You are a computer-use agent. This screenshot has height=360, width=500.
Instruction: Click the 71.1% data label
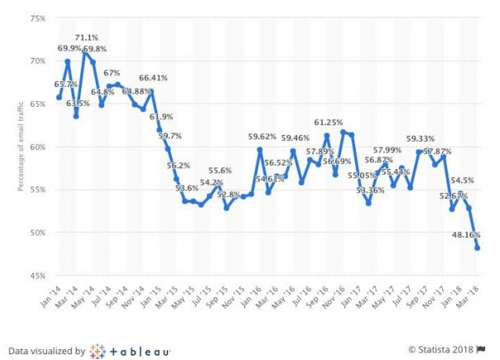pos(87,38)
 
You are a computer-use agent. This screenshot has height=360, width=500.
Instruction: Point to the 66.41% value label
pos(153,78)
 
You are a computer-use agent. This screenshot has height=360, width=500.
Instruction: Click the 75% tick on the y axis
pos(36,18)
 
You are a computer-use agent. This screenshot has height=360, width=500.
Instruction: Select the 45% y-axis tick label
pos(36,275)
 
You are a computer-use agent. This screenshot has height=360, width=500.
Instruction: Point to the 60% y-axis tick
pos(36,146)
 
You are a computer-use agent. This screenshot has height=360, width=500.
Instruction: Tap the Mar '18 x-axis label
pos(474,295)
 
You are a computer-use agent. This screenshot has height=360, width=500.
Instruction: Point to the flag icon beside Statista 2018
pos(481,351)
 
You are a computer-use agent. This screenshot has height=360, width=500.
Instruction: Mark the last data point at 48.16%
pos(478,247)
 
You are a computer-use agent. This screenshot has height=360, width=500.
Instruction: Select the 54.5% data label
pos(462,180)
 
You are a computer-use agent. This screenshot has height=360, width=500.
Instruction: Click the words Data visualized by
pos(46,351)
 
